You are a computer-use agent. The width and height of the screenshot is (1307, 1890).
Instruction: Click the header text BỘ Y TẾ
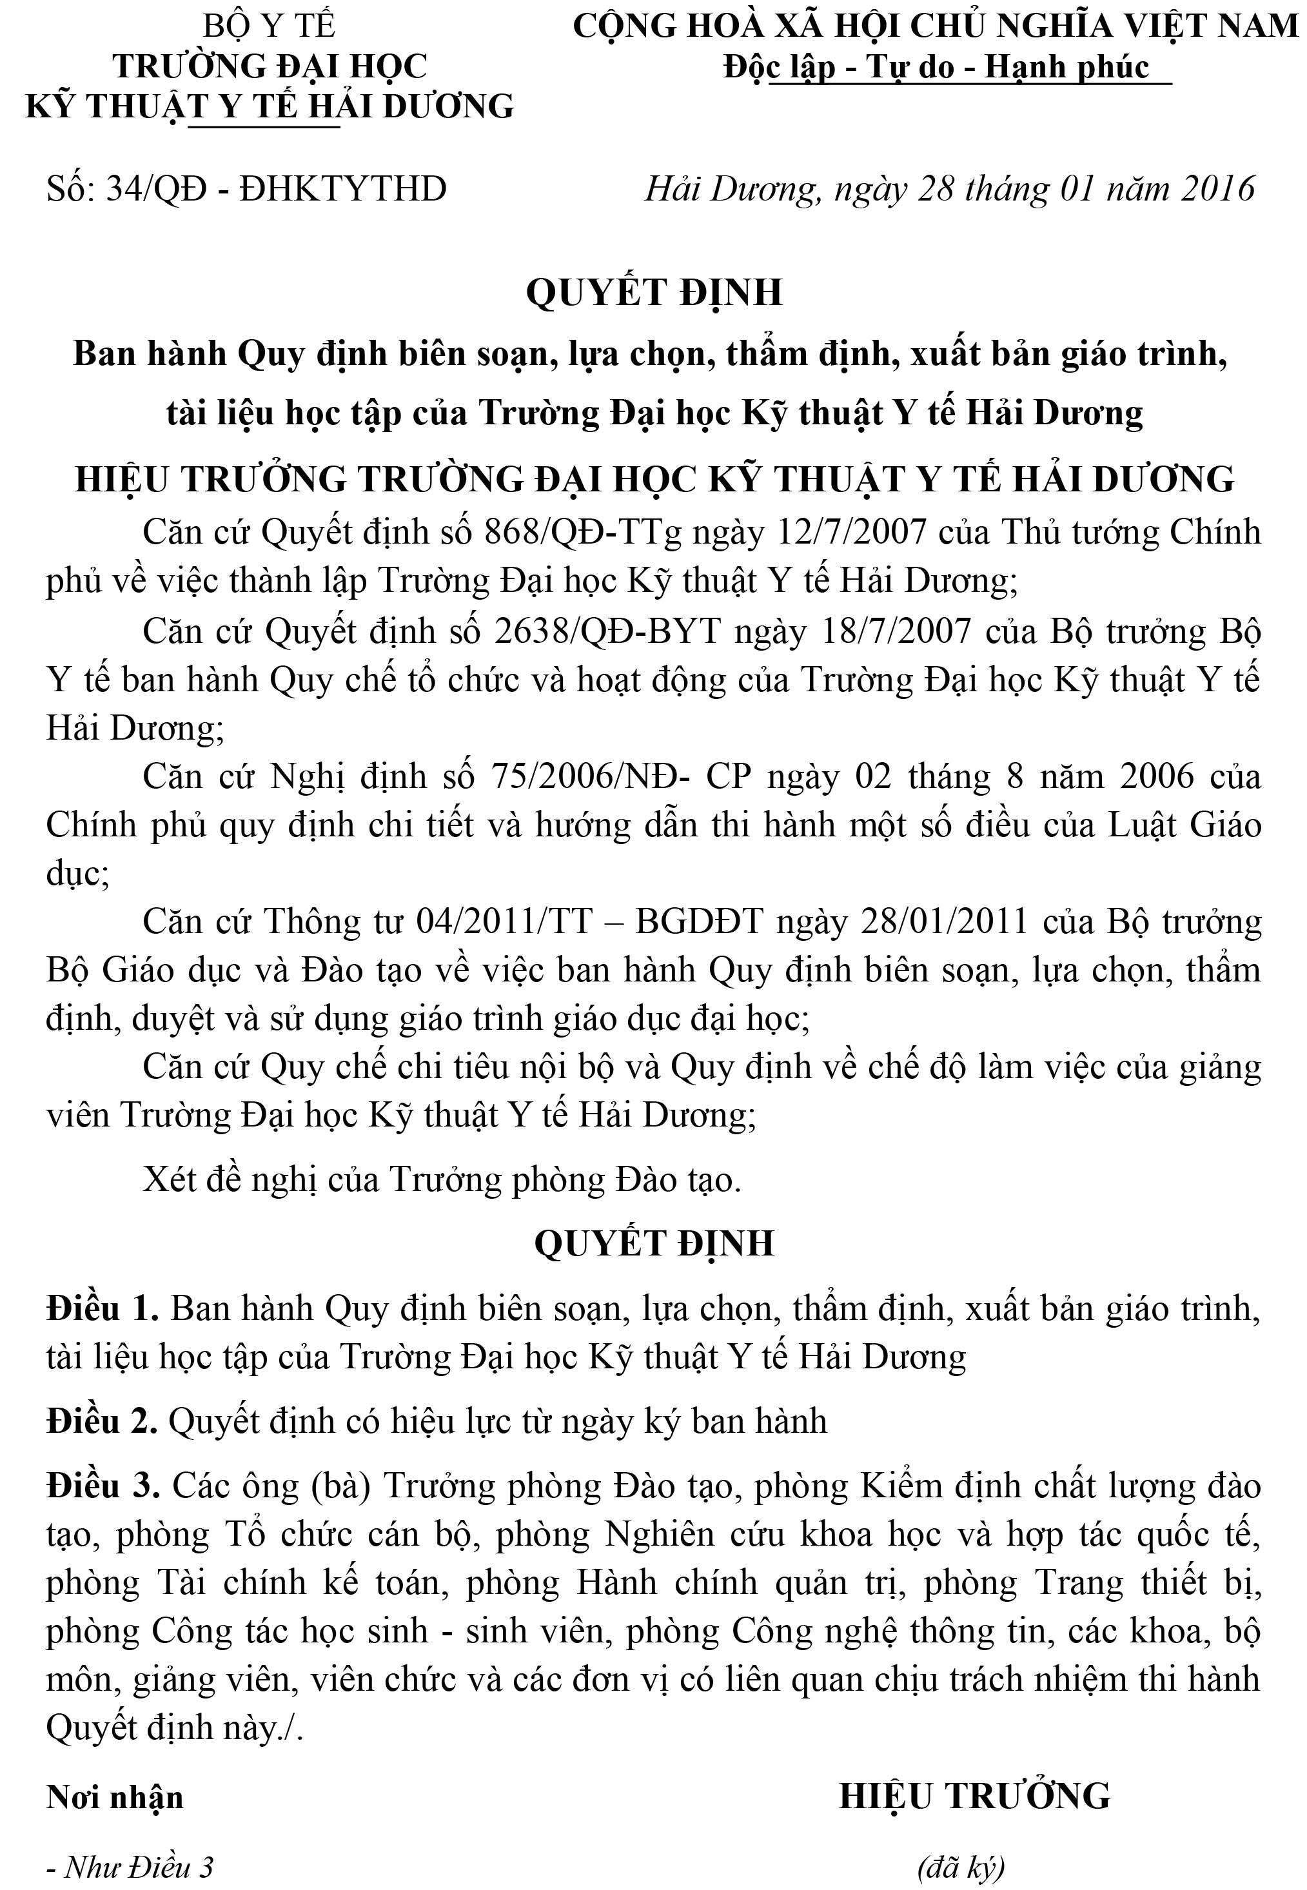(270, 27)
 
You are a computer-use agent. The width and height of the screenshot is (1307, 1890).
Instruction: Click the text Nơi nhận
(115, 1797)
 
